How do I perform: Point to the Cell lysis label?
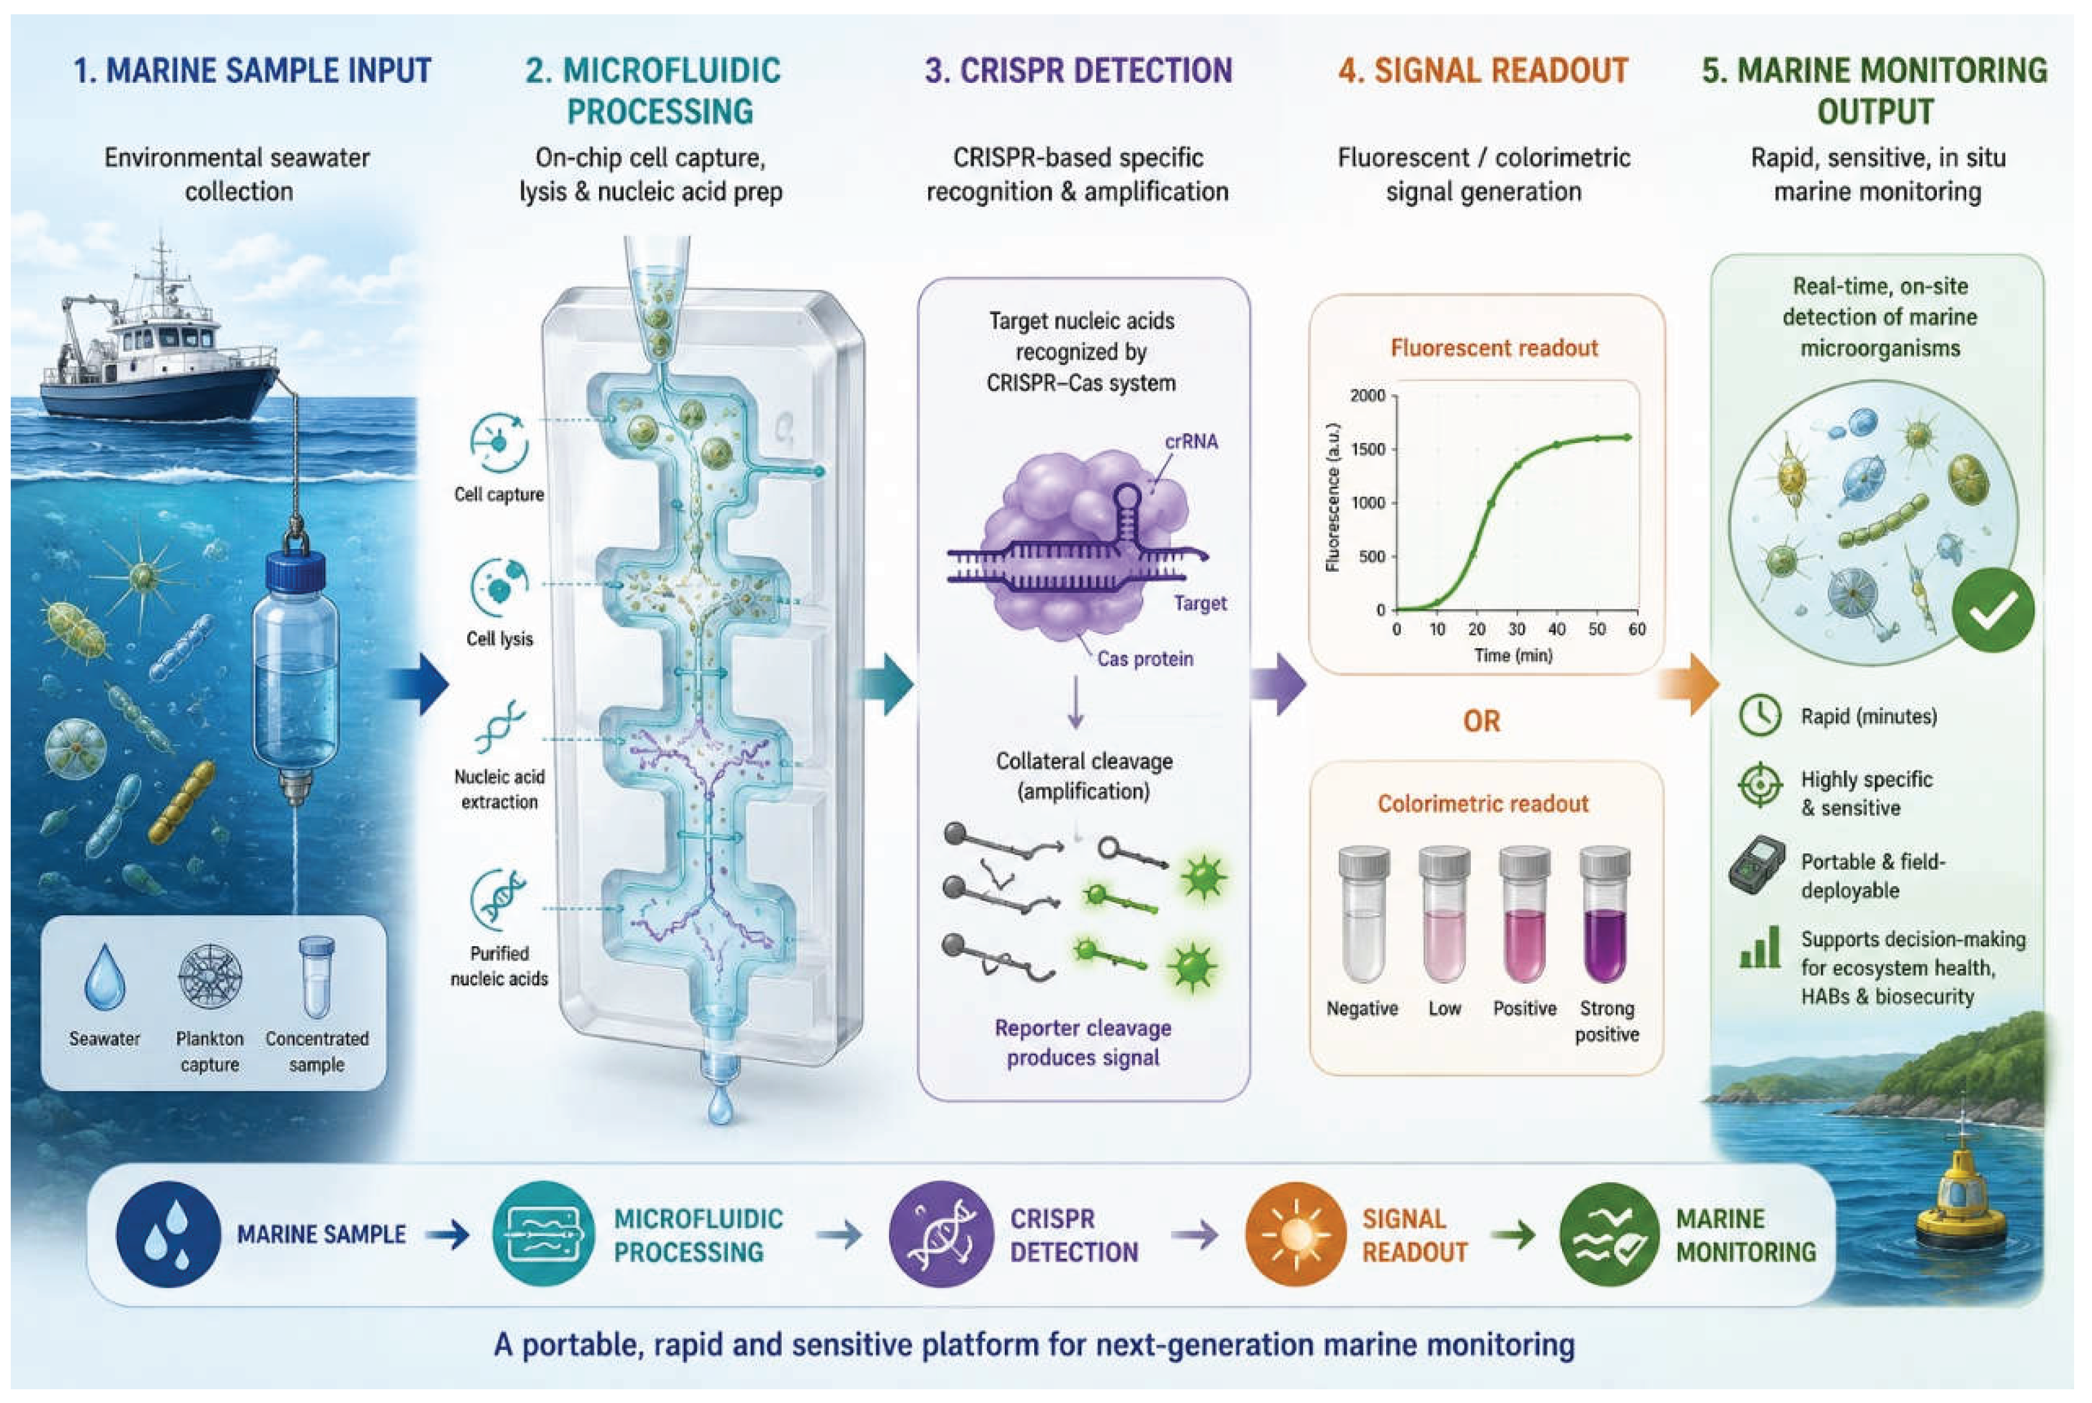499,639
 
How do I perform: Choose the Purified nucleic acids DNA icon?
499,901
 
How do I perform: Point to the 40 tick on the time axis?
1557,629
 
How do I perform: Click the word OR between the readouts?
1482,721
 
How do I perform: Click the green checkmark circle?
1992,610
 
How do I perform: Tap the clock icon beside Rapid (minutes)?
1760,716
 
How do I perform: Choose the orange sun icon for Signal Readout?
1295,1235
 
